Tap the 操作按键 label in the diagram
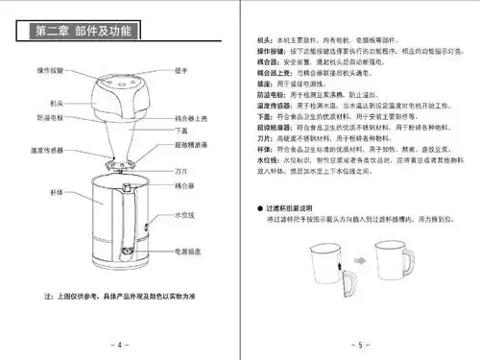tap(51, 70)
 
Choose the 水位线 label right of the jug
tap(185, 215)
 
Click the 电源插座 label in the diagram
tap(186, 251)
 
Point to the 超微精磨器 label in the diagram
tap(190, 143)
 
